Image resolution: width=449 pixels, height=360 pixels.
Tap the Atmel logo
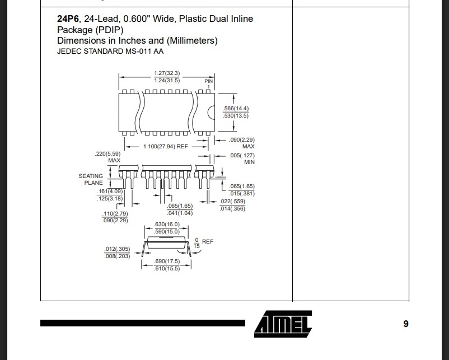[283, 323]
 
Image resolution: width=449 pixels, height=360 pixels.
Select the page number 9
[406, 324]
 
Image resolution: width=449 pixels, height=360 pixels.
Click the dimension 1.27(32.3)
[166, 73]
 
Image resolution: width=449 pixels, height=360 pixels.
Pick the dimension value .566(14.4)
[236, 108]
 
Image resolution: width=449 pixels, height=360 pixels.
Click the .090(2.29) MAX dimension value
[242, 139]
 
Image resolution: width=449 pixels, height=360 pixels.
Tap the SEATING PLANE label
[91, 179]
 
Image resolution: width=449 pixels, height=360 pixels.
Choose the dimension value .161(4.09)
[110, 191]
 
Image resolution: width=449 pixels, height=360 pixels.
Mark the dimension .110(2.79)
[115, 214]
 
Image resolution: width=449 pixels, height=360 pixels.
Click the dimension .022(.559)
[233, 202]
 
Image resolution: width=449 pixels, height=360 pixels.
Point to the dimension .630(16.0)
[167, 225]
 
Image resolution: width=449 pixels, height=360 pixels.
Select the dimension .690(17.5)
[167, 262]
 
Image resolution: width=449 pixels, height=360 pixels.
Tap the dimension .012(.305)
[117, 249]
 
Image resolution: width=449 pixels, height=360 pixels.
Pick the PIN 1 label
[209, 84]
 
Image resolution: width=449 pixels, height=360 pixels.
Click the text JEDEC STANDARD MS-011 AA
[110, 52]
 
